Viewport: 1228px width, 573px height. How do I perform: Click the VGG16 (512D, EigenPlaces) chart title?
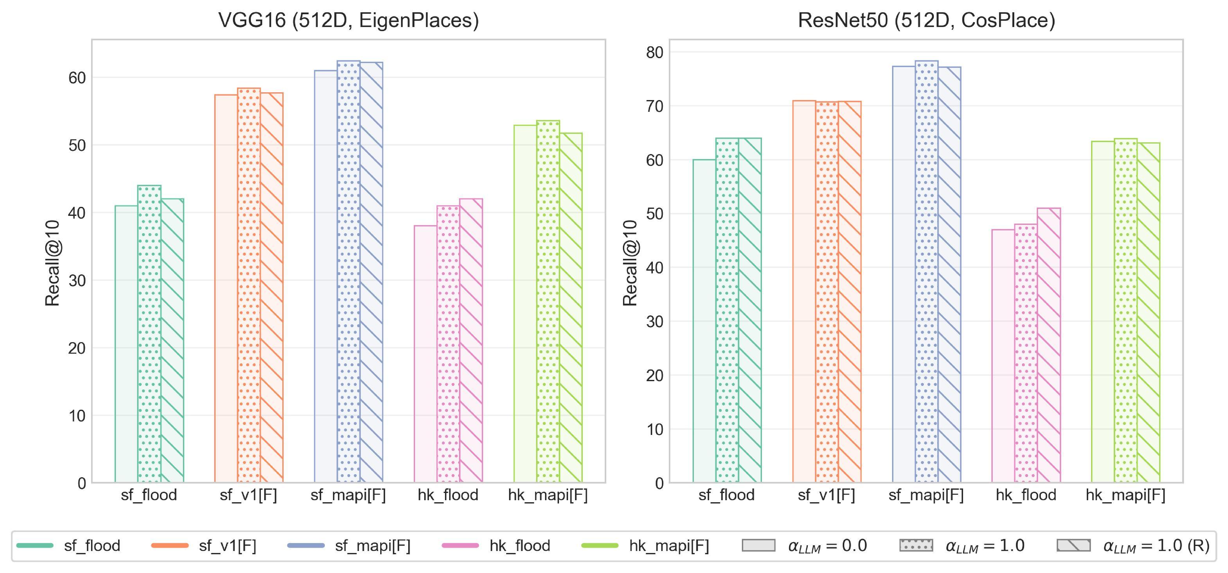(348, 21)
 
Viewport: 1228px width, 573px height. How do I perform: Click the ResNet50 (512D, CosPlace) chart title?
(926, 21)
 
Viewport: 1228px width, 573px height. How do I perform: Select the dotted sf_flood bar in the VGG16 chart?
(149, 333)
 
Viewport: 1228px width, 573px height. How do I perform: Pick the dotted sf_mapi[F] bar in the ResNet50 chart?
(926, 272)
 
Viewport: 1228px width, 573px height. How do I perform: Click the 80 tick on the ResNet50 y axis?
(655, 52)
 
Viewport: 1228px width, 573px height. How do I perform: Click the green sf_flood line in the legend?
(35, 546)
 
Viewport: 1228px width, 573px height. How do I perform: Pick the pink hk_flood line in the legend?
(461, 546)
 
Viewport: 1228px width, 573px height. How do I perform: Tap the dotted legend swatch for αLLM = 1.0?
(916, 546)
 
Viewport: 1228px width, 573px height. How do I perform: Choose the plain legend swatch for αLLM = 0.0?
(758, 546)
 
